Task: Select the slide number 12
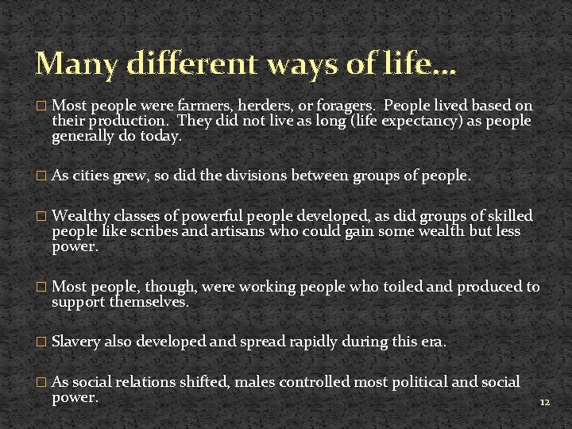544,403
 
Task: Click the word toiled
395,287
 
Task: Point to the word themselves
149,302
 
